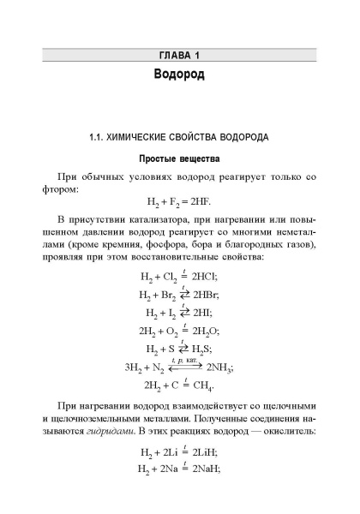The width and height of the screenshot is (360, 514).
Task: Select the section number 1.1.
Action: (100, 137)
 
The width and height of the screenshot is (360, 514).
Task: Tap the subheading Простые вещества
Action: (179, 158)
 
